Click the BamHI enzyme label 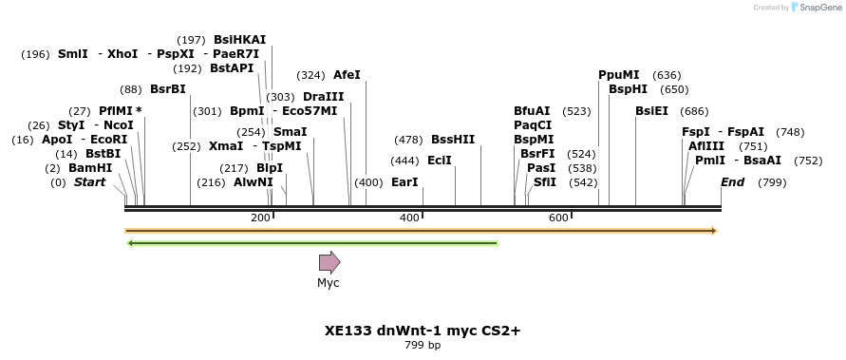(90, 168)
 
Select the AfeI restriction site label (347, 75)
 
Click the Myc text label (329, 282)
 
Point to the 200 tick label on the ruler (260, 218)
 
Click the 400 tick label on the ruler (409, 218)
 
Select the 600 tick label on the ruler (558, 218)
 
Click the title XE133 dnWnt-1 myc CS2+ (423, 331)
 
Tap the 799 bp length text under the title (423, 345)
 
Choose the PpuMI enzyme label (619, 75)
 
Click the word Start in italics (89, 182)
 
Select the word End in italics (733, 182)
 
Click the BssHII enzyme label (453, 140)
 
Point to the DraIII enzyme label (324, 97)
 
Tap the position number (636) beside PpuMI (667, 75)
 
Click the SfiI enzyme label (545, 182)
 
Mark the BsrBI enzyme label (167, 89)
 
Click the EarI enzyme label (404, 182)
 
